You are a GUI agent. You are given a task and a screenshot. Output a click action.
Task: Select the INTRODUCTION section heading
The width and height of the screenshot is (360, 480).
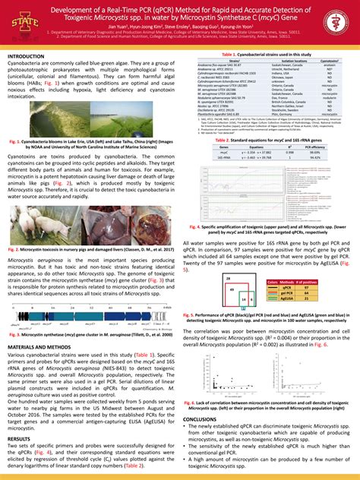click(x=27, y=57)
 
